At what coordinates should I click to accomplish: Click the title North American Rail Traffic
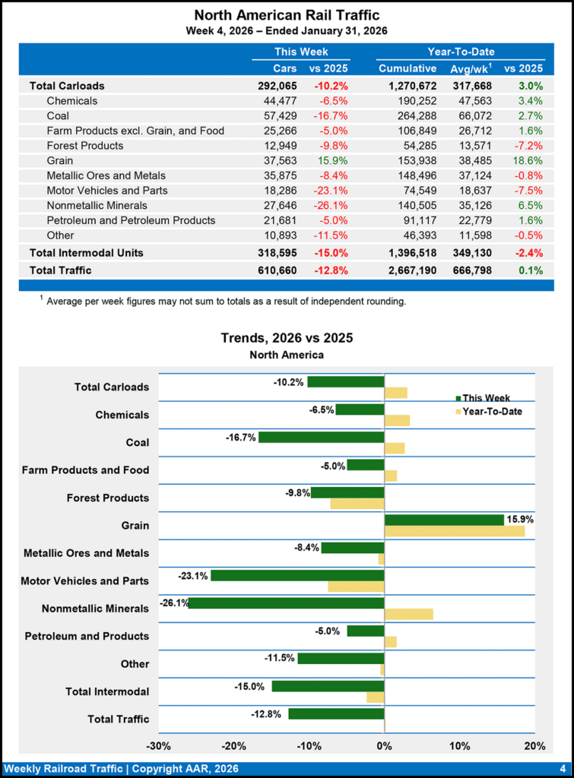(x=287, y=15)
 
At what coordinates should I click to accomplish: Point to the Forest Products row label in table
(x=84, y=145)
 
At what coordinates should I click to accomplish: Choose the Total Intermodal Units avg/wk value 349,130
(x=472, y=252)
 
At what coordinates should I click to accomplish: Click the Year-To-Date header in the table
(x=461, y=52)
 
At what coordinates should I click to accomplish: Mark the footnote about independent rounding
(x=226, y=301)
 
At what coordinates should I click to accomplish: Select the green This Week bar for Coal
(x=321, y=437)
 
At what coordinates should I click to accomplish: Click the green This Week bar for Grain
(x=444, y=520)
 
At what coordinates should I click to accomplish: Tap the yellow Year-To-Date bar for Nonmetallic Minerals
(x=409, y=614)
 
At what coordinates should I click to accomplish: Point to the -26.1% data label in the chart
(x=173, y=602)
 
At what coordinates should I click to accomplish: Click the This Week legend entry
(x=486, y=397)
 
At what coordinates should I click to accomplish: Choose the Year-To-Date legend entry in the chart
(x=493, y=412)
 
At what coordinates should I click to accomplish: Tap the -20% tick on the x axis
(x=233, y=745)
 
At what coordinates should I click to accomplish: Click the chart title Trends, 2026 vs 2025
(x=287, y=338)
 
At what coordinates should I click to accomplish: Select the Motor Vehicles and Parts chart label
(x=84, y=581)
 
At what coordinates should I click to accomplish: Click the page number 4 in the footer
(x=562, y=768)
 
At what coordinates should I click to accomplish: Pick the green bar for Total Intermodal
(x=328, y=686)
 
